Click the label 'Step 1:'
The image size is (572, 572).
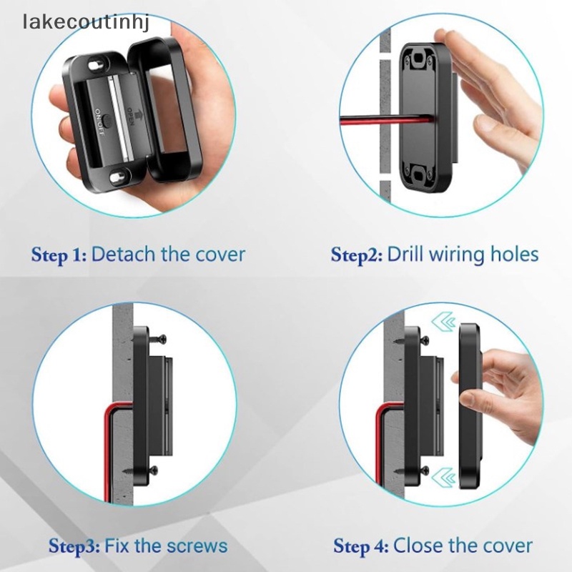(x=59, y=254)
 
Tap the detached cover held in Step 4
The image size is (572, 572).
(x=471, y=400)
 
